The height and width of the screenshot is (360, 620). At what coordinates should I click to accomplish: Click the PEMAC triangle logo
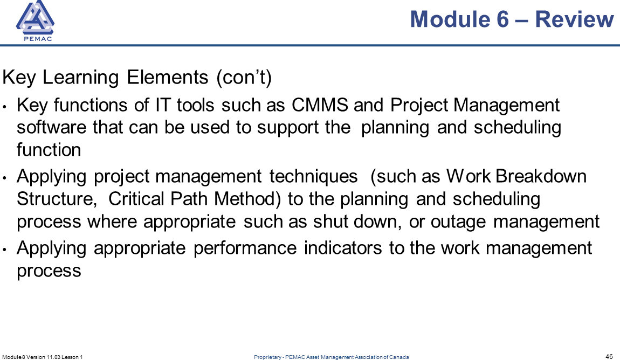(x=35, y=20)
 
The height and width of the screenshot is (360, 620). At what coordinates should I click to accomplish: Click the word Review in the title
(x=574, y=19)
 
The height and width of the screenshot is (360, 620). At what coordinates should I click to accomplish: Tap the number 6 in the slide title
(x=502, y=19)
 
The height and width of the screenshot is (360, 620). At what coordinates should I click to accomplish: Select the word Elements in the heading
(x=167, y=77)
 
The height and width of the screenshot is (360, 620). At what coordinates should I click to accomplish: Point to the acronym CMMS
(x=320, y=105)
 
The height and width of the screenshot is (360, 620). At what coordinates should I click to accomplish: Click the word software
(x=51, y=127)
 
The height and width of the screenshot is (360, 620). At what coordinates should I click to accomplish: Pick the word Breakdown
(x=541, y=176)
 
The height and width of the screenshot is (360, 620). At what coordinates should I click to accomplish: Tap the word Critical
(x=136, y=198)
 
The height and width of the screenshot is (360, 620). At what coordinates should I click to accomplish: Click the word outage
(x=458, y=222)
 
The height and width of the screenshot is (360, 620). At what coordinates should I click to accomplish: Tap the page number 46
(x=609, y=356)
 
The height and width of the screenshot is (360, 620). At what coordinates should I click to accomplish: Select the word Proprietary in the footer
(x=267, y=357)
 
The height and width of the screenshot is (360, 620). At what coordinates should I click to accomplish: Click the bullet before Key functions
(x=4, y=107)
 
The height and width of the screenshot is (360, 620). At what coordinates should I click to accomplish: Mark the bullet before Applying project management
(x=4, y=178)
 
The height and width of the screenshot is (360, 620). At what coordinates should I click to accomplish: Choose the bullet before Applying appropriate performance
(x=4, y=250)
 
